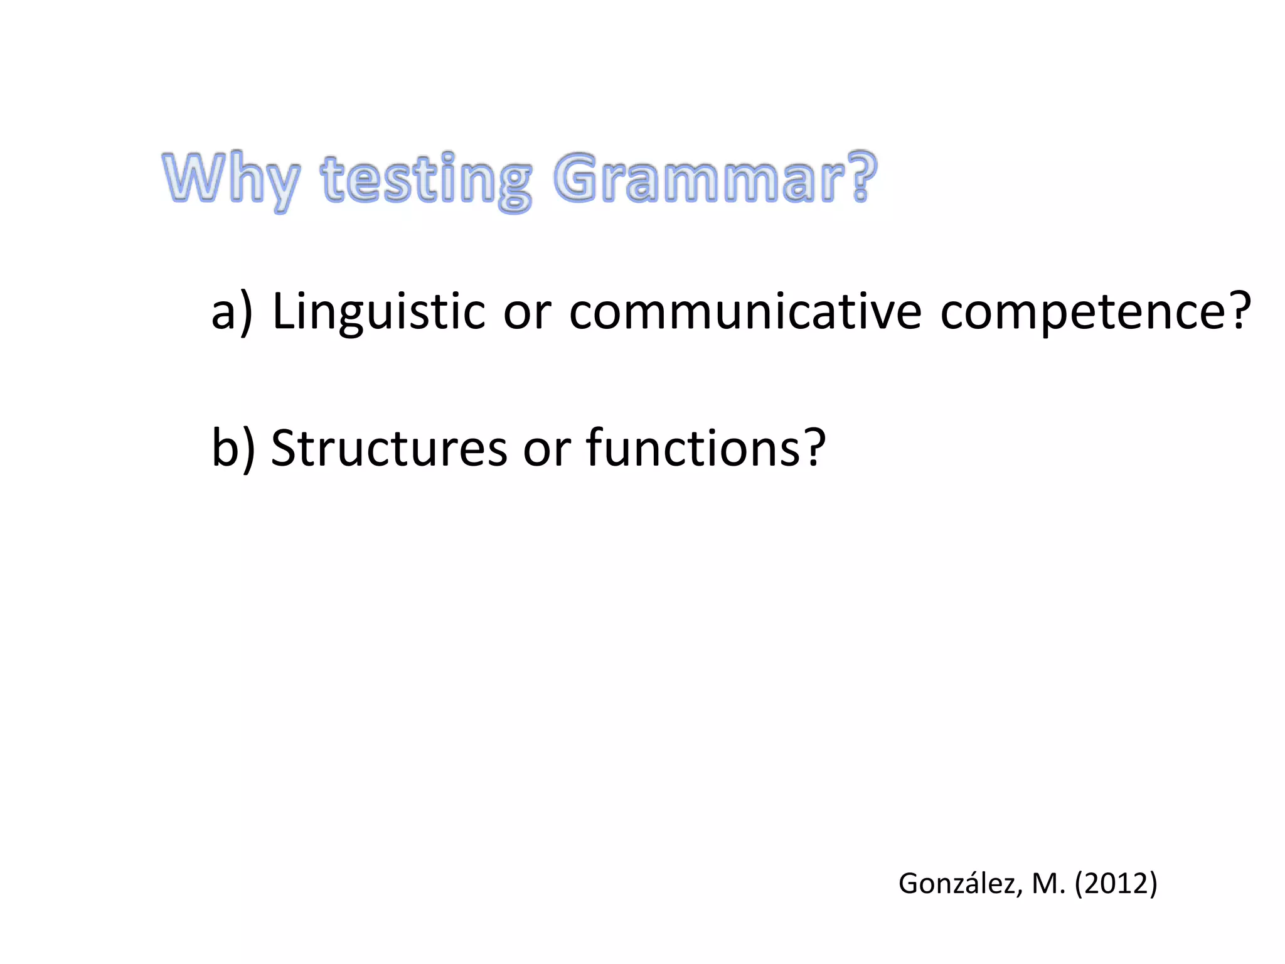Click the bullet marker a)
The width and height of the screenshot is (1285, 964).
(x=232, y=311)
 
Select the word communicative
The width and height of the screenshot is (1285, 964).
(x=745, y=311)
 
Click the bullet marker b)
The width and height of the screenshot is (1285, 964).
(x=233, y=447)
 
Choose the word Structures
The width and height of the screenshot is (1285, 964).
(x=388, y=447)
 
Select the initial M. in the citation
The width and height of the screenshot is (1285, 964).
(x=1048, y=884)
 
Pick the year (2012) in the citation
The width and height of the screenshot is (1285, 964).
(x=1116, y=884)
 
